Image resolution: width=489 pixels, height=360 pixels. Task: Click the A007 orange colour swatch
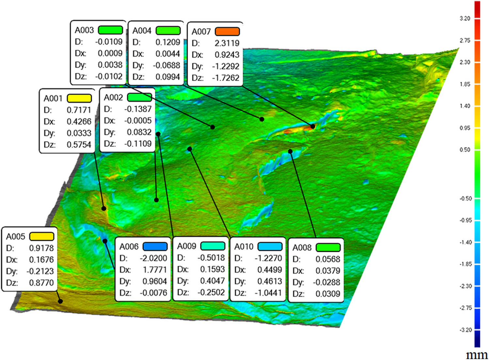(227, 31)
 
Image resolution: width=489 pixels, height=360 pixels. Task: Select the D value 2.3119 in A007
(227, 43)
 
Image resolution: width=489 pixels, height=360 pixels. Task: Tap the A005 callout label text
(16, 237)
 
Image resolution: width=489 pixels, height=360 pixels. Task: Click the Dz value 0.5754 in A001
(79, 145)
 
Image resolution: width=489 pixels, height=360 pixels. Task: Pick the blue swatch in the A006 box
(155, 246)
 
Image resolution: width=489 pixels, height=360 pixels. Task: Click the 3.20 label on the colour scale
(465, 19)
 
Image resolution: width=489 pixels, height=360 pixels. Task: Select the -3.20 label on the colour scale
(465, 330)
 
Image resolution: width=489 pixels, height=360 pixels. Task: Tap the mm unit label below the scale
(477, 355)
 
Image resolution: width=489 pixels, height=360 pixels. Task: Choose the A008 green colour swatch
(328, 247)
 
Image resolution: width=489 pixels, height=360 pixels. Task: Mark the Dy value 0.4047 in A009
(213, 281)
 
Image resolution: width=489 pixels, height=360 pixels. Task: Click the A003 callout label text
(84, 30)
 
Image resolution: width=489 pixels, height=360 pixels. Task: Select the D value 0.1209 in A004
(168, 42)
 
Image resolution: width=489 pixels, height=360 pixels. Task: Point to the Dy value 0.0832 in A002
(139, 132)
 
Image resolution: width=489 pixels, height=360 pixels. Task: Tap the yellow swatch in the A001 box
(79, 98)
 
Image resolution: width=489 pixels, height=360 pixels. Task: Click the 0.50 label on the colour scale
(465, 150)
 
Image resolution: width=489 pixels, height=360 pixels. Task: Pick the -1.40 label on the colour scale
(465, 242)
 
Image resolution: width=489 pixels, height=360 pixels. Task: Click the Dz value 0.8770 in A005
(41, 283)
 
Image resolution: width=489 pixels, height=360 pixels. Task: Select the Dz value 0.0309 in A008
(328, 294)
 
